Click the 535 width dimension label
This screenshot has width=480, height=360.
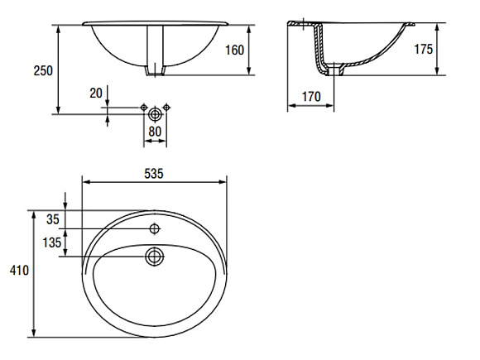154,174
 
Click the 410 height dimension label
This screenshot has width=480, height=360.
19,270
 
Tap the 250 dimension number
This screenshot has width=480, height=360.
43,70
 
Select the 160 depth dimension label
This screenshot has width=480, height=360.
235,50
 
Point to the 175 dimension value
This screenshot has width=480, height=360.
424,49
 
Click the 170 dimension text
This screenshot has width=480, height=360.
311,97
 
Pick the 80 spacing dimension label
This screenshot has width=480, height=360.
155,132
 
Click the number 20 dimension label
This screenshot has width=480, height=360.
96,93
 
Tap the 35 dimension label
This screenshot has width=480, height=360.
53,219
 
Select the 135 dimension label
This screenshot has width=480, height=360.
52,242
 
